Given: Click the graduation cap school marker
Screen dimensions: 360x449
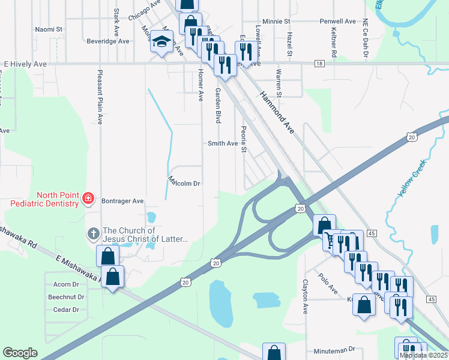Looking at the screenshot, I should [x=161, y=42].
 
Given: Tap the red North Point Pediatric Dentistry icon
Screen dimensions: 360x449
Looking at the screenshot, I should [x=88, y=197].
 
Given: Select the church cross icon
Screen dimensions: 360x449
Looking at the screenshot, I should [x=93, y=233].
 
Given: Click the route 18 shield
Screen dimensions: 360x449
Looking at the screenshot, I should [x=318, y=63].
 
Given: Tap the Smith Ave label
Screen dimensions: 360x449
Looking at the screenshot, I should [x=223, y=143].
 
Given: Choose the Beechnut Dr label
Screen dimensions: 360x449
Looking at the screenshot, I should [x=67, y=297].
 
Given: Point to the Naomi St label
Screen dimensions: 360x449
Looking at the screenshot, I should [x=49, y=29].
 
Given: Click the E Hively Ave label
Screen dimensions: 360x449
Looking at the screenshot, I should [x=25, y=63].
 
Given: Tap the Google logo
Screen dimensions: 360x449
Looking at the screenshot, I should [x=20, y=353].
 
